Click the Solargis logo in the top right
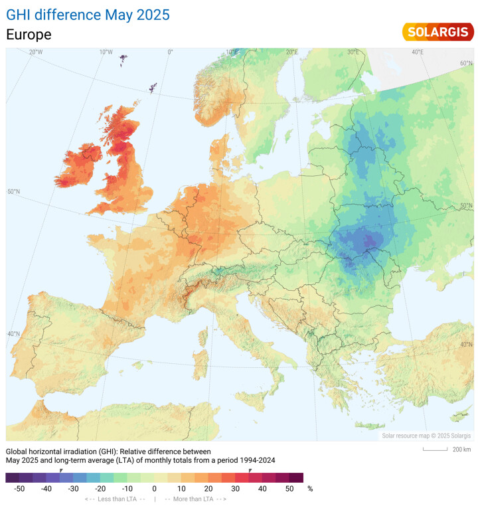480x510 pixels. click(438, 31)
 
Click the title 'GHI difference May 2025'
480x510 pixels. click(88, 14)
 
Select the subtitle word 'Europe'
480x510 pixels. click(29, 35)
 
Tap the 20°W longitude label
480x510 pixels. click(36, 52)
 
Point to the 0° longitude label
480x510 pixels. click(170, 52)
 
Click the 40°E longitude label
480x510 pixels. click(418, 52)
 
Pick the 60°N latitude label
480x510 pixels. click(465, 63)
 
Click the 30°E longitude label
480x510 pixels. click(353, 52)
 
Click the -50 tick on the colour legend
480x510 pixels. click(19, 489)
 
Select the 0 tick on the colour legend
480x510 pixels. click(155, 489)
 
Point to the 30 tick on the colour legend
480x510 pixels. click(236, 489)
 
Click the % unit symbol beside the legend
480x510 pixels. click(310, 489)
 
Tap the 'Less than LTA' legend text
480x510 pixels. click(114, 499)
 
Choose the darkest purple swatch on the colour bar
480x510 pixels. click(12, 477)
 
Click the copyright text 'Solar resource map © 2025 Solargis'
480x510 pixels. click(426, 436)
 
